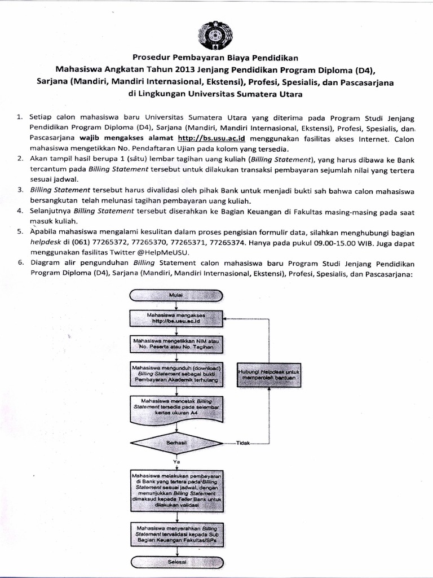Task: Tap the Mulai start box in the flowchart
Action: click(x=176, y=295)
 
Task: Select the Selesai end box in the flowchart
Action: click(x=176, y=562)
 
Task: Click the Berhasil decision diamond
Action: click(x=176, y=444)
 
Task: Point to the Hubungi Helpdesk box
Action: click(x=268, y=375)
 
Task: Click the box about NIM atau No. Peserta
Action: click(x=176, y=345)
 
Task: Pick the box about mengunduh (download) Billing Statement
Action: click(x=176, y=375)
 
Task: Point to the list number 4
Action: click(x=19, y=211)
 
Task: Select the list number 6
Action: click(x=19, y=263)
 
